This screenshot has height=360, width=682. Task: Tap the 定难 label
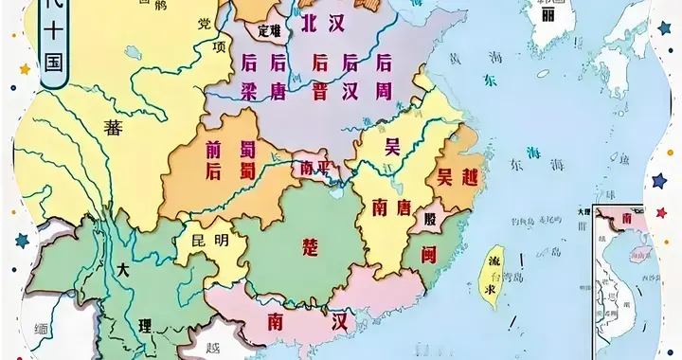pos(270,30)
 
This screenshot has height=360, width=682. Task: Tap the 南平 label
pos(313,167)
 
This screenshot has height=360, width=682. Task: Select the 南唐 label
pos(390,205)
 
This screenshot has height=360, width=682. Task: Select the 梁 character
pos(250,91)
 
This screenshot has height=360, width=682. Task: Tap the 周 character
pos(385,91)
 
